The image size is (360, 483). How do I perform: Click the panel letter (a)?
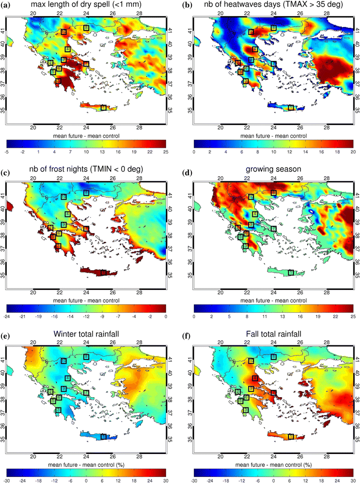click(x=9, y=5)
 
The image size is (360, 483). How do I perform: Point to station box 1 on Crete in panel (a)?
click(x=104, y=107)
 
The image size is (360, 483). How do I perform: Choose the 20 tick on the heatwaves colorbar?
click(x=352, y=151)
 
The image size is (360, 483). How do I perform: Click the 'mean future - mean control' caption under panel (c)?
click(x=86, y=300)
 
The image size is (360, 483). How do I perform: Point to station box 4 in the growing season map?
click(x=255, y=214)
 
